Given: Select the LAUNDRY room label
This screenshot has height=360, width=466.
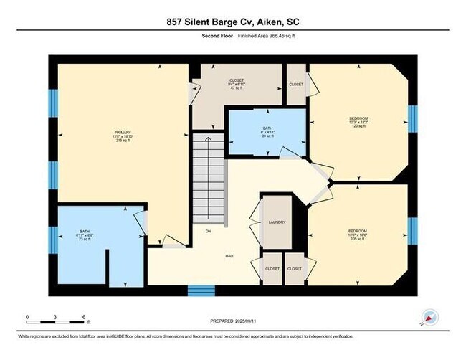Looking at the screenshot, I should [x=276, y=222].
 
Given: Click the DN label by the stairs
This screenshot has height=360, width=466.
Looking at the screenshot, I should [x=208, y=231].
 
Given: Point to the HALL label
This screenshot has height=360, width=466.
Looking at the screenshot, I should [x=229, y=256].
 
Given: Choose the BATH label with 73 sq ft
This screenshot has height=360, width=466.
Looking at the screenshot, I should [x=86, y=234].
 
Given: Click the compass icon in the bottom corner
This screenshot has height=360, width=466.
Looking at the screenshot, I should [x=430, y=318].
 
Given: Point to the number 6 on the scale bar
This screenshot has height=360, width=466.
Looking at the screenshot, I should [x=84, y=316].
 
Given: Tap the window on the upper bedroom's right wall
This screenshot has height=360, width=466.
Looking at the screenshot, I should [x=412, y=119].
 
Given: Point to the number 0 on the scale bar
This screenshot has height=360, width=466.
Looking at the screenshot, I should [x=27, y=316].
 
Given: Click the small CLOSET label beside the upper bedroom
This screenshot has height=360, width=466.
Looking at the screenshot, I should [x=296, y=84].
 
